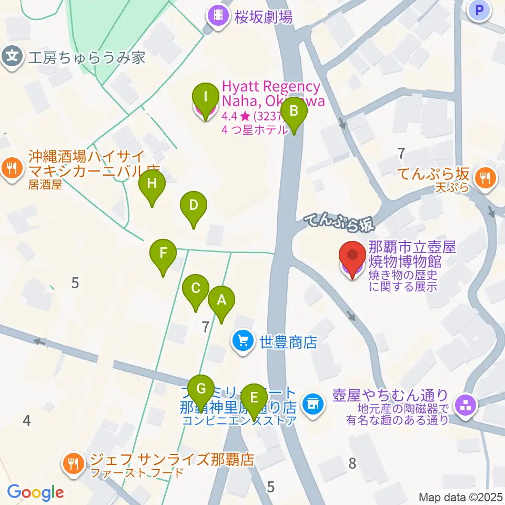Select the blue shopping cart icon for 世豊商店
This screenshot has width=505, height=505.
tap(243, 342)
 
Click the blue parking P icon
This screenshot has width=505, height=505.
tap(479, 9)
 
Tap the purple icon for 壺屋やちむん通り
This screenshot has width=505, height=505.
tap(466, 405)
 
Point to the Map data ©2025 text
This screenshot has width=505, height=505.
tap(460, 497)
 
